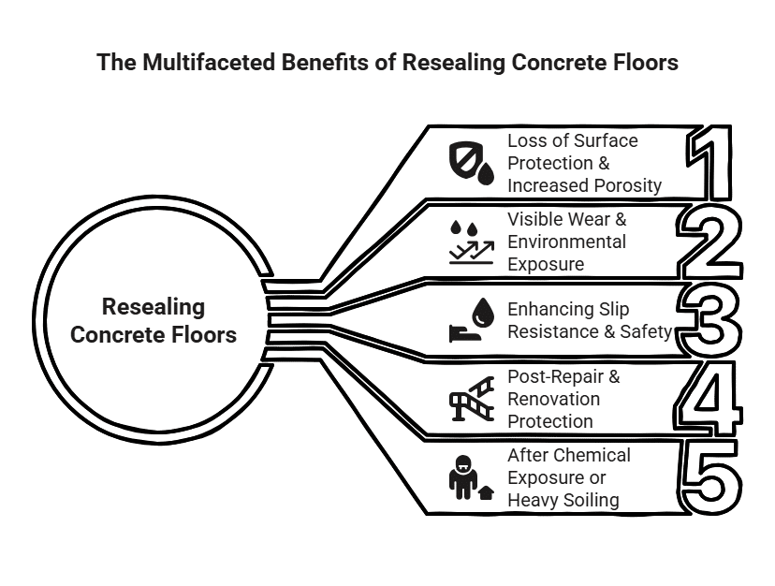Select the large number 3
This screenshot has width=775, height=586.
(x=713, y=321)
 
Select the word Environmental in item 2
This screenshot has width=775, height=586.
(x=566, y=242)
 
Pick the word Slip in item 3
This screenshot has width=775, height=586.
(x=613, y=309)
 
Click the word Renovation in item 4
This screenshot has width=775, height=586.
(x=553, y=399)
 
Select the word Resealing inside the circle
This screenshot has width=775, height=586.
(x=154, y=307)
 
